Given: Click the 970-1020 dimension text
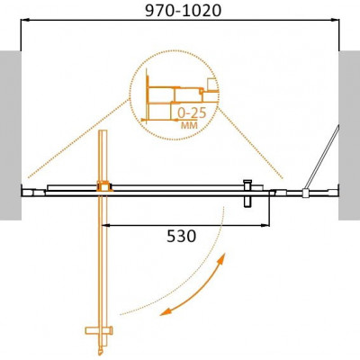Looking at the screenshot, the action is coord(183,11).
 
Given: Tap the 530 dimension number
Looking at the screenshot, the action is coord(181,236).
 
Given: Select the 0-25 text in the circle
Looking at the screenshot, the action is coord(192,113).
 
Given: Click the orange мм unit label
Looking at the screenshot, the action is coord(189,125).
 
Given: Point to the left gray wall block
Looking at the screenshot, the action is coord(11,135).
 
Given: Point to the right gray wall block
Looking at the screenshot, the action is coord(349,135).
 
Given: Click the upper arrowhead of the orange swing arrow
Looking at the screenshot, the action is coord(222,257).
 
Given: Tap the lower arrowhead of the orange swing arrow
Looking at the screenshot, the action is coord(165,311).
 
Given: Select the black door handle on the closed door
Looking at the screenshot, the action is coord(247,193).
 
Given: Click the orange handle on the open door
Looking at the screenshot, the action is coord(99,330).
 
